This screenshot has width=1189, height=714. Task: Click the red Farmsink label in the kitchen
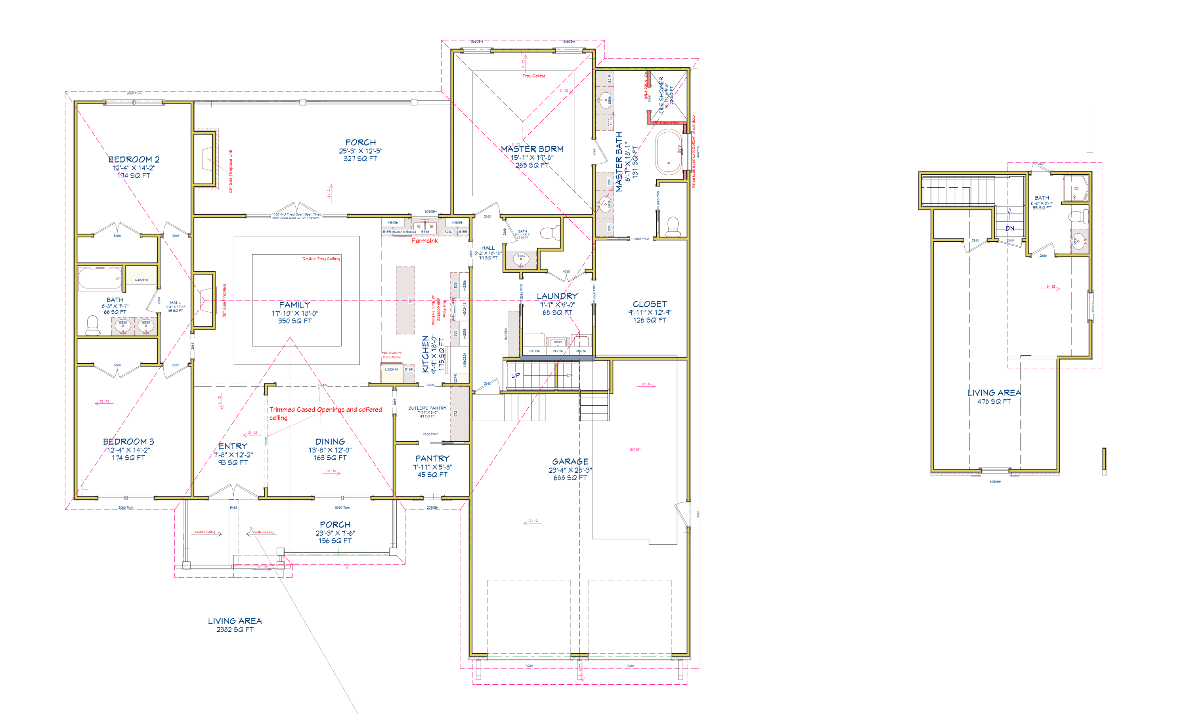point(424,241)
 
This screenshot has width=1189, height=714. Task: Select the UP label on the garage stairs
point(515,375)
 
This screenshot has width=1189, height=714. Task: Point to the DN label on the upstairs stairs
point(1009,229)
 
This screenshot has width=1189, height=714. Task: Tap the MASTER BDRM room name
point(532,149)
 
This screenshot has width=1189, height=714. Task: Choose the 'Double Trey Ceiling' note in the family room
point(321,259)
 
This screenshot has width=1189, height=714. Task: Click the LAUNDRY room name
point(557,296)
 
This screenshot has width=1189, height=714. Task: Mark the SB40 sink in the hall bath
point(521,259)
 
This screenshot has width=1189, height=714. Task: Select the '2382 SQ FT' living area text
point(235,629)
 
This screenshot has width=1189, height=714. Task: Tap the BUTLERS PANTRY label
point(427,408)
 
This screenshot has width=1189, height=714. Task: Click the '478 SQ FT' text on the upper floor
point(994,401)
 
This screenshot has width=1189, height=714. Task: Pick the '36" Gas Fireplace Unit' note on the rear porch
point(231,171)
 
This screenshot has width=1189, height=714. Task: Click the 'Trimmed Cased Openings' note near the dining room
point(325,409)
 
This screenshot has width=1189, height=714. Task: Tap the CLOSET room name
point(650,304)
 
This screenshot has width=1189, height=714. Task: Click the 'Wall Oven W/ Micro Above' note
point(392,355)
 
